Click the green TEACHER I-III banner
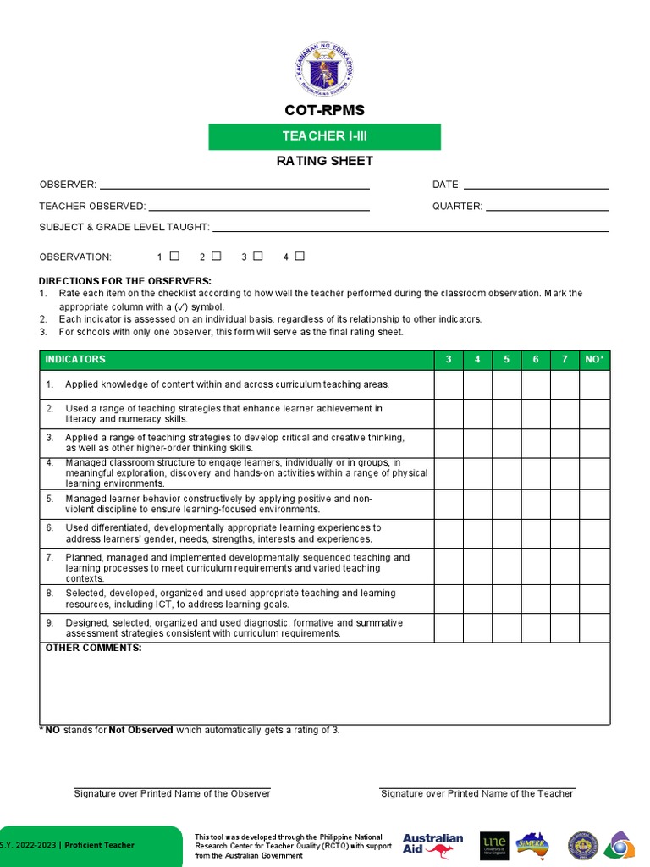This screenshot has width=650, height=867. coord(324,136)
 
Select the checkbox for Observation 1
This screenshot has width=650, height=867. coord(174,256)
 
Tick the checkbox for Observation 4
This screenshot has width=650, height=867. coord(300,256)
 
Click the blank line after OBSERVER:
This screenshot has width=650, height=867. coord(234,185)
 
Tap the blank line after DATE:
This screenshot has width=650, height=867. coord(536,185)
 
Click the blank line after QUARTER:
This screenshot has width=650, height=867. coord(547,206)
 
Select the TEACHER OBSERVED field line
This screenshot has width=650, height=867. coord(258,206)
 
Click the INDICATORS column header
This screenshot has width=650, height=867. coord(76,360)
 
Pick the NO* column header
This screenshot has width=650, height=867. coord(594,360)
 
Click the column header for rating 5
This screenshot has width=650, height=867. coord(506,360)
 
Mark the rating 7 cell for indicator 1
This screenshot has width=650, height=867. coord(565,384)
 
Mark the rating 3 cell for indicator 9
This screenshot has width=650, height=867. coord(449,628)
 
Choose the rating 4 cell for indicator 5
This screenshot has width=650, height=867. coord(477,505)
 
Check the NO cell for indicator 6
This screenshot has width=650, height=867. coord(594,533)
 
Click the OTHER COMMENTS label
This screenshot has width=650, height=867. coord(93,649)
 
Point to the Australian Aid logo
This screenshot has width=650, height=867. coord(432,845)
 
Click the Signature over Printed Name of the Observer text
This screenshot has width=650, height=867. coord(172,793)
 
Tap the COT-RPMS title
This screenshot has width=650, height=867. coord(324,111)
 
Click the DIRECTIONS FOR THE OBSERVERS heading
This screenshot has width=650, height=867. coord(125,281)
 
